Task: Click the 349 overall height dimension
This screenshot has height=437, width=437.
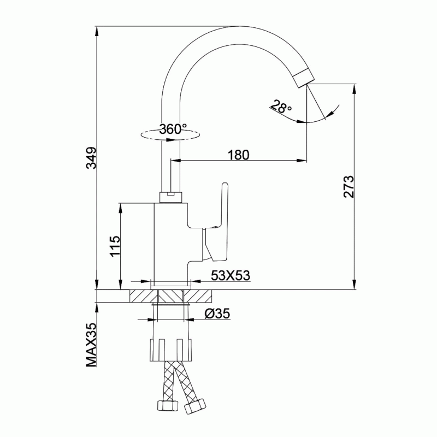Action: (92, 158)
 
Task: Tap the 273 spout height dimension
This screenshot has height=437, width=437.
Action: (349, 187)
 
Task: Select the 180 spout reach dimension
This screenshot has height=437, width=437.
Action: (239, 155)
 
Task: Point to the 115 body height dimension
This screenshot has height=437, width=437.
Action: (115, 246)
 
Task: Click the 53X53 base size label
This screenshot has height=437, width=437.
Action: (231, 276)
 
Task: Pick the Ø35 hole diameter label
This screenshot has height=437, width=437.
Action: (217, 314)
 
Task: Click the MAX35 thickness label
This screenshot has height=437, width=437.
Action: (91, 345)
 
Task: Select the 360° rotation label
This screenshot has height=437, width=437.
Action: (173, 129)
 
